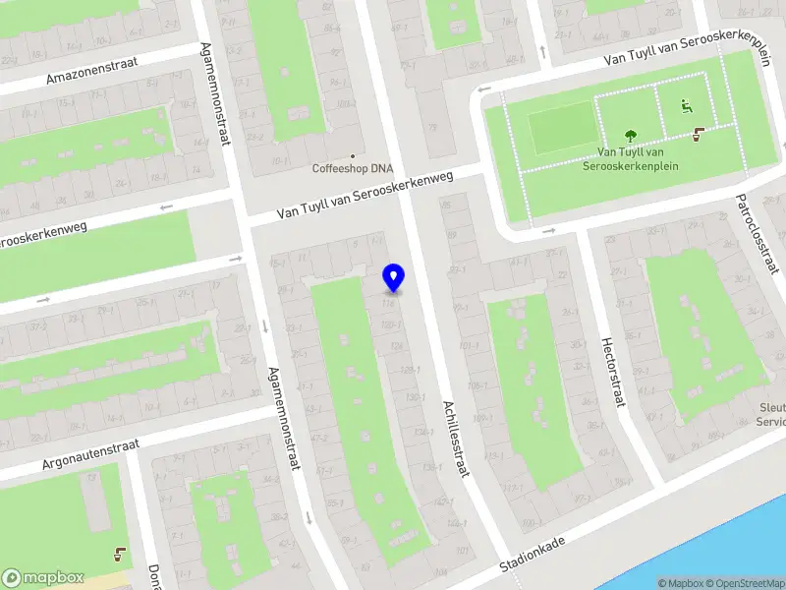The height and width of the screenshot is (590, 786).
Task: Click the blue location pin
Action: click(x=394, y=277)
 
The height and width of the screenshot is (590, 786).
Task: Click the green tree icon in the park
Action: click(x=630, y=135)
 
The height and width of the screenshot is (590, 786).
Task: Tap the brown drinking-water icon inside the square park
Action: click(x=699, y=134)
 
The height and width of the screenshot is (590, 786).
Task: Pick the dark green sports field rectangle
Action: click(x=560, y=130)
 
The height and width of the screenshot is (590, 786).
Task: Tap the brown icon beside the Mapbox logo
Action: click(x=121, y=554)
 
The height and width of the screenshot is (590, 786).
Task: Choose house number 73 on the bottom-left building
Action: click(x=92, y=476)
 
